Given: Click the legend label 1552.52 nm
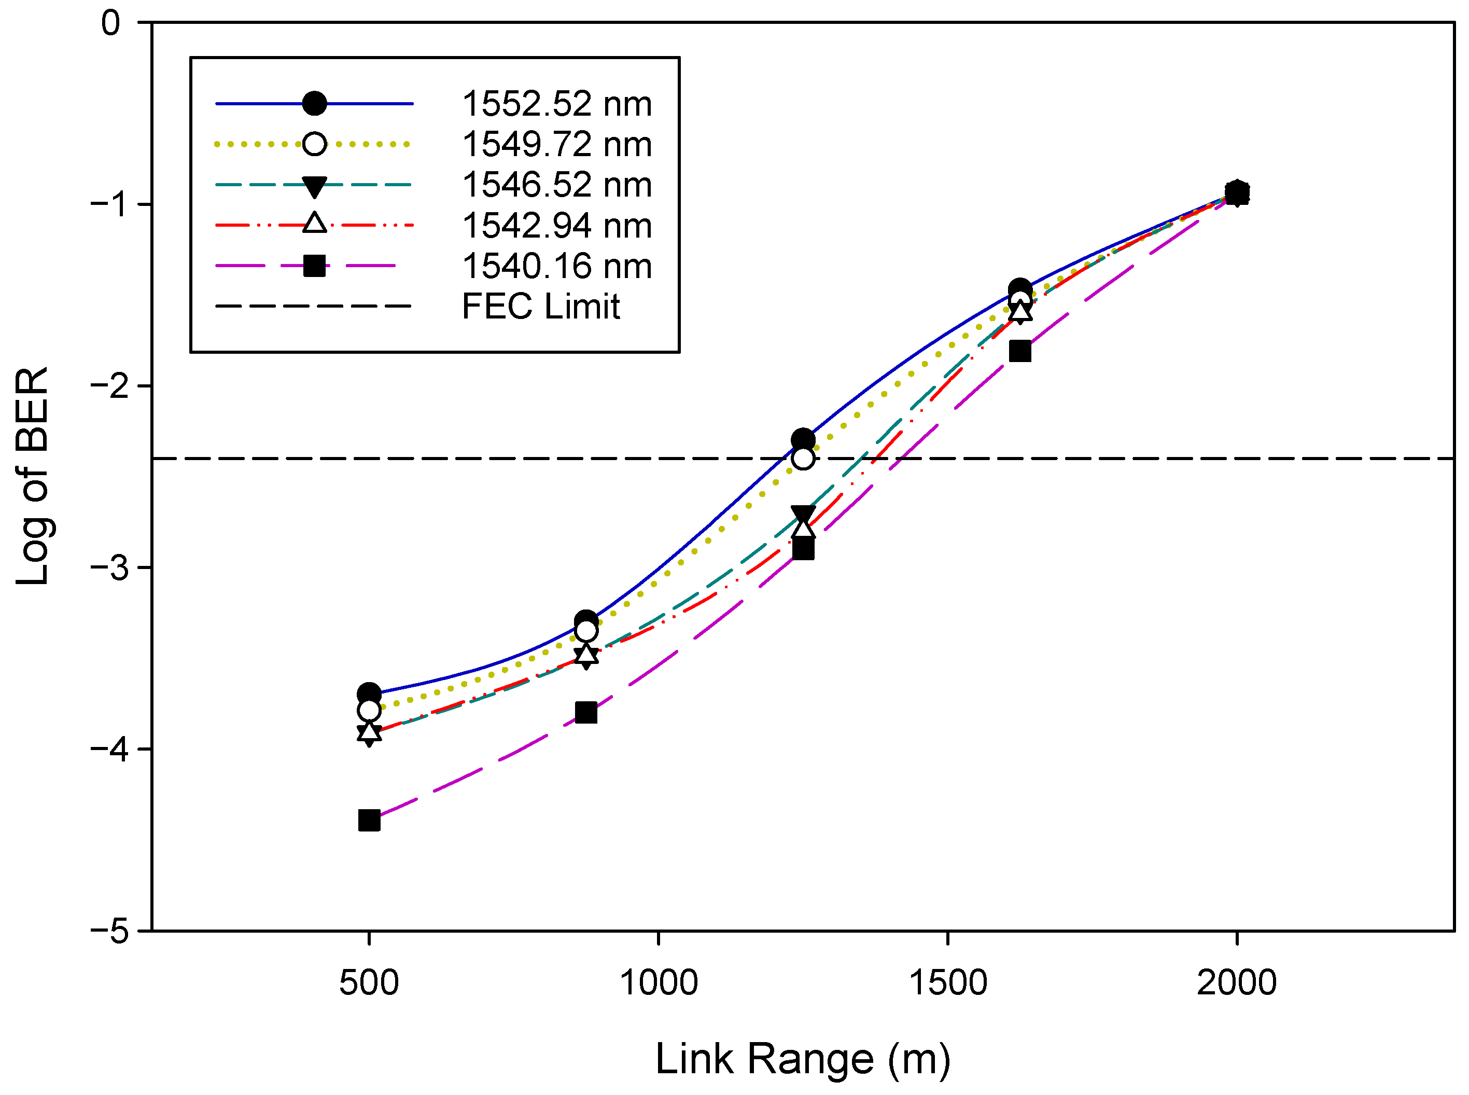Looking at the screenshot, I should click(556, 104).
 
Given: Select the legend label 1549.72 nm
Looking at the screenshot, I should click(556, 145).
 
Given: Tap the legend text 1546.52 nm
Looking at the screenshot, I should click(556, 185).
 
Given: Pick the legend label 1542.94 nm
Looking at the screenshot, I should click(556, 226).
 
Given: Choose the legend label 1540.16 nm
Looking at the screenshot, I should click(556, 267).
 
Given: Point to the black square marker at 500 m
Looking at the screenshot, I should click(369, 821).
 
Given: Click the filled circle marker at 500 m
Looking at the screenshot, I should click(369, 694).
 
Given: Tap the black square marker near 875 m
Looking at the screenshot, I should click(586, 713).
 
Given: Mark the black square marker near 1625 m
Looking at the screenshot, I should click(1020, 351).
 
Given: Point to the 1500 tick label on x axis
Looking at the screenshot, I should click(947, 983).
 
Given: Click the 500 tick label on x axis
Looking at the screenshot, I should click(369, 983).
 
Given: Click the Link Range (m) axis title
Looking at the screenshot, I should click(802, 1059).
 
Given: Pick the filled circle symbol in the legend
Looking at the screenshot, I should click(314, 104).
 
